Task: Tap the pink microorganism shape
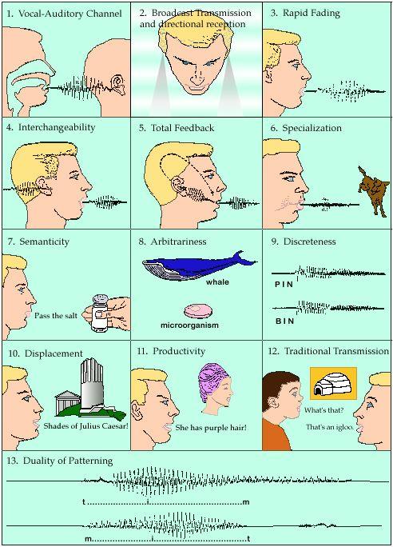[x=198, y=311]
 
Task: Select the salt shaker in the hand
[x=101, y=313]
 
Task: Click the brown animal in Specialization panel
[x=373, y=191]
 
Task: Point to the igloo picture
[x=333, y=383]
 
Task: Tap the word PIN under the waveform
[x=284, y=285]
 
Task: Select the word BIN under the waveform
[x=284, y=321]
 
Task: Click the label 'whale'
[x=217, y=281]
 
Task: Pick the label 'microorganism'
[x=189, y=325]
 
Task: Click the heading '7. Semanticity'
[x=38, y=242]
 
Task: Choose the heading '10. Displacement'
[x=46, y=353]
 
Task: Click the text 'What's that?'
[x=324, y=410]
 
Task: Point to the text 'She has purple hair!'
[x=211, y=427]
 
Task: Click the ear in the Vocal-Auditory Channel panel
[x=118, y=85]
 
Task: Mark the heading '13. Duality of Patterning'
[x=60, y=461]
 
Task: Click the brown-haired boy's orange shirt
[x=276, y=435]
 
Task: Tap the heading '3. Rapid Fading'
[x=305, y=14]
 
